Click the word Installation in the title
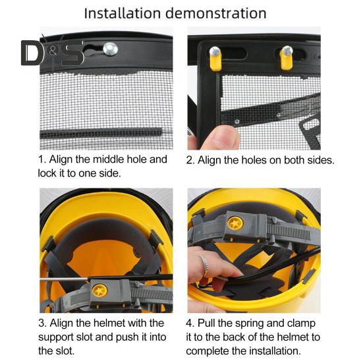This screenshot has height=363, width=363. click(123, 13)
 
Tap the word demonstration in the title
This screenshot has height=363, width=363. click(216, 13)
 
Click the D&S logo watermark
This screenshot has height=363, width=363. click(53, 52)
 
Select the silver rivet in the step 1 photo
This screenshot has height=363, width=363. click(111, 49)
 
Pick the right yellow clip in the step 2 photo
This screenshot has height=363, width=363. click(287, 58)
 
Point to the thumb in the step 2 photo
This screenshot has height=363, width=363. click(220, 138)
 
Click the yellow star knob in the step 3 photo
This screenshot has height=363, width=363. click(99, 291)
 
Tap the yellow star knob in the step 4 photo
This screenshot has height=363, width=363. click(235, 223)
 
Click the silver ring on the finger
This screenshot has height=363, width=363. click(205, 265)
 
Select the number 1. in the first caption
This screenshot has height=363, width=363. click(42, 159)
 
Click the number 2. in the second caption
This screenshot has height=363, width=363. click(190, 160)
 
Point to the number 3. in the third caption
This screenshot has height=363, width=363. click(43, 323)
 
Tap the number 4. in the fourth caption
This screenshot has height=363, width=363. click(190, 323)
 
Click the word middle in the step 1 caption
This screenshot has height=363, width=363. click(107, 159)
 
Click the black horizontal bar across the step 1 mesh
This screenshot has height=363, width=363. click(101, 134)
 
